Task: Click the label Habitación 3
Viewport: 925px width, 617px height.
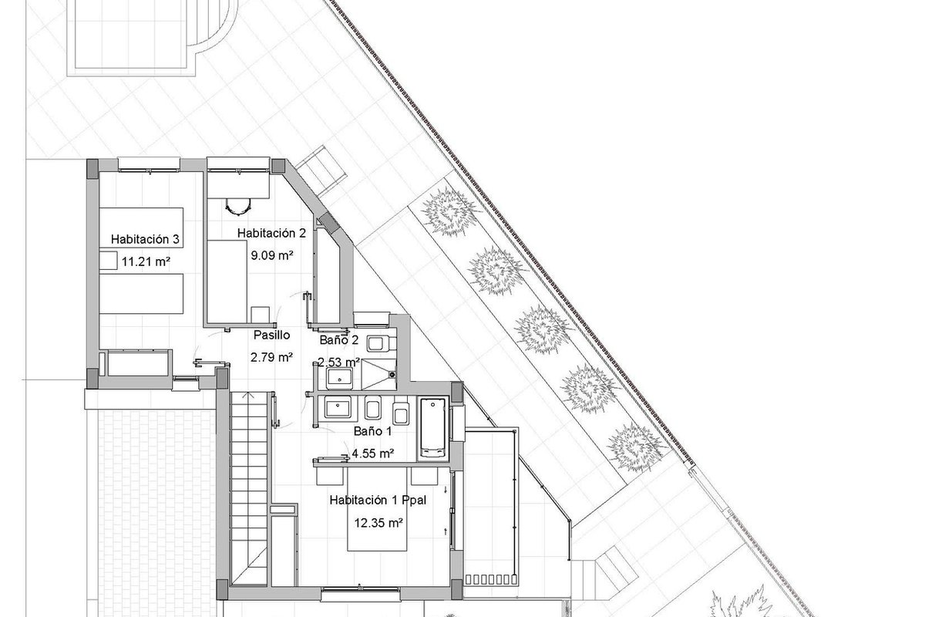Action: pos(145,239)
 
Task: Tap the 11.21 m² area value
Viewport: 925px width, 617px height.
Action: pos(146,261)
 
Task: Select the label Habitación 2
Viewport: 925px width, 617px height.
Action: pos(271,233)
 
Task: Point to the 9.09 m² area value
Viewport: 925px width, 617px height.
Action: pos(272,255)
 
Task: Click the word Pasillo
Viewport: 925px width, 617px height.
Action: pos(271,335)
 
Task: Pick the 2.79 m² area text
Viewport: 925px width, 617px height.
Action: pos(271,357)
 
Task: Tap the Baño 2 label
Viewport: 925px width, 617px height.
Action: pos(339,340)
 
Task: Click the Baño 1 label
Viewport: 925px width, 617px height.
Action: pos(372,431)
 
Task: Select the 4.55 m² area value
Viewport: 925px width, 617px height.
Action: pos(372,453)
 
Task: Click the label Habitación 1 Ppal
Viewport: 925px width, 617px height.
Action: pos(378,501)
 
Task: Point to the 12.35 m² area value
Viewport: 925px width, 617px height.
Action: pos(378,523)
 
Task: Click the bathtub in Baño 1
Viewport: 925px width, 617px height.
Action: pos(433,429)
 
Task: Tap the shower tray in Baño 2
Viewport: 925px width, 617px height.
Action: pos(378,374)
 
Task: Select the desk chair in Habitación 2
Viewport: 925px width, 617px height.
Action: pos(238,206)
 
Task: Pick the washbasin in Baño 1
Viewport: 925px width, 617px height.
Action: pos(338,407)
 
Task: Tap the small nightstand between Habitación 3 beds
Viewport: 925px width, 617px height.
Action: pos(108,261)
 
